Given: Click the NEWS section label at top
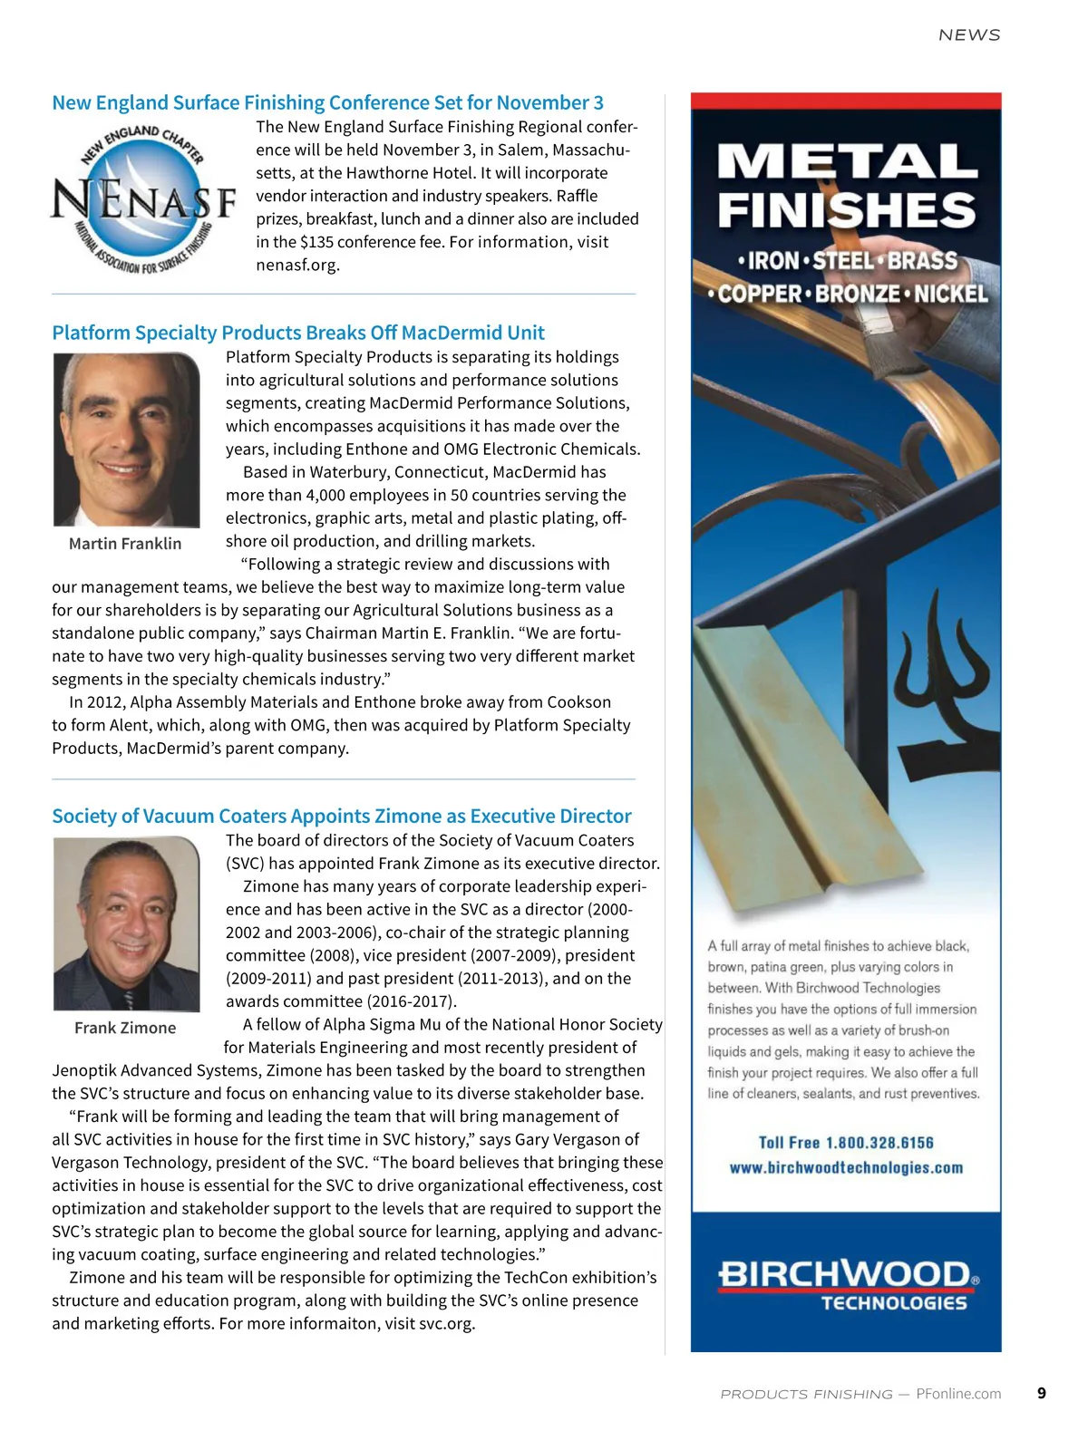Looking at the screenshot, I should pyautogui.click(x=969, y=35).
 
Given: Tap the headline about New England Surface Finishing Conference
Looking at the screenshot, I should pyautogui.click(x=327, y=102).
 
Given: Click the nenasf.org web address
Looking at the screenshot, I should pyautogui.click(x=297, y=266).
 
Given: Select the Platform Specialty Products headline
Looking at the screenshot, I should pyautogui.click(x=298, y=333).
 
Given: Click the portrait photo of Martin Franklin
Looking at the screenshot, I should pyautogui.click(x=126, y=440).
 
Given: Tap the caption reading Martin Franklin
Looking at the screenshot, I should pyautogui.click(x=125, y=544).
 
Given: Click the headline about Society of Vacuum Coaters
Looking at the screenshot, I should pyautogui.click(x=342, y=816).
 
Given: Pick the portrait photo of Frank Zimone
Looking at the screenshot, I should pyautogui.click(x=126, y=923).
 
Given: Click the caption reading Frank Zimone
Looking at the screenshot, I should pyautogui.click(x=125, y=1028).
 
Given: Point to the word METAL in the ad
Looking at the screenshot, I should pyautogui.click(x=847, y=162).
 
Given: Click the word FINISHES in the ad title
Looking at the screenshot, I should pyautogui.click(x=847, y=211).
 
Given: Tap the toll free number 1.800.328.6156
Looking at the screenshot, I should pyautogui.click(x=879, y=1143).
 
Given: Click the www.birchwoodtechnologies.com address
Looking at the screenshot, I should pyautogui.click(x=846, y=1168).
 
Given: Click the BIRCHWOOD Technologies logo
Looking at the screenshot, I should pyautogui.click(x=847, y=1284).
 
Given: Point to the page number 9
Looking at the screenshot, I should pyautogui.click(x=1042, y=1393).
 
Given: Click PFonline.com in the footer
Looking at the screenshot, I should pyautogui.click(x=958, y=1394).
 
